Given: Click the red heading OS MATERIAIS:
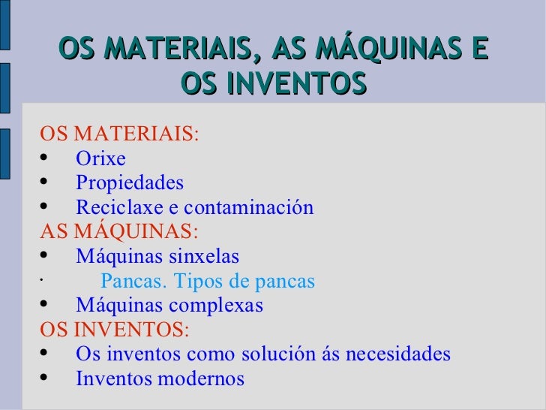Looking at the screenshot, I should tap(119, 135).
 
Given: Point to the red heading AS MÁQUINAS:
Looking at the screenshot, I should tap(119, 232).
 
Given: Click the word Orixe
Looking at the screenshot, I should tap(100, 159).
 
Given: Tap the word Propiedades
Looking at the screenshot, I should tap(129, 184).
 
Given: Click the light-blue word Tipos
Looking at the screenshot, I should tap(201, 282).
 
